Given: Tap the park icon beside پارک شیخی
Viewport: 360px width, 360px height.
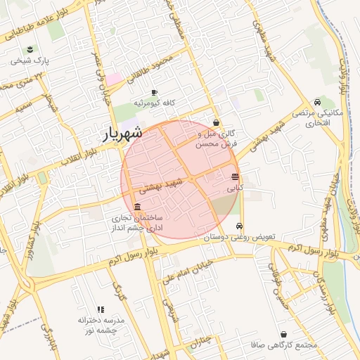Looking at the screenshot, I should pos(30,49).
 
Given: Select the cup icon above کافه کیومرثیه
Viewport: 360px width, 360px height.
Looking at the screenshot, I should pos(155,92).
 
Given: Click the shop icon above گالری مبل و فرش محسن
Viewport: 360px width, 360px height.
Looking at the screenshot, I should pos(216,122).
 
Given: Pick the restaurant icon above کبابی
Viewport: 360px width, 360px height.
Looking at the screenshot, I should pos(234,176).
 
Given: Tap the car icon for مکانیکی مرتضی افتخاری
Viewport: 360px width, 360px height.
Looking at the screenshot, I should pos(318,102).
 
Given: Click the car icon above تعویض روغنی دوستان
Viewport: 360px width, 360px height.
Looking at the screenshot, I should pos(240,226).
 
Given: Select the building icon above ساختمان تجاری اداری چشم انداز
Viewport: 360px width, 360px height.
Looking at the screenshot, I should pos(136,207).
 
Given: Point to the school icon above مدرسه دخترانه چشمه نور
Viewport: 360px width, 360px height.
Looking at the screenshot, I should pos(101,309).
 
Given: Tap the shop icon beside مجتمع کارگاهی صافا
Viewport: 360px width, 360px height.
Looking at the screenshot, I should pos(283,335).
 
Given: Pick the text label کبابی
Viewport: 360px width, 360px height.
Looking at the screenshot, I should pos(235,188).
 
